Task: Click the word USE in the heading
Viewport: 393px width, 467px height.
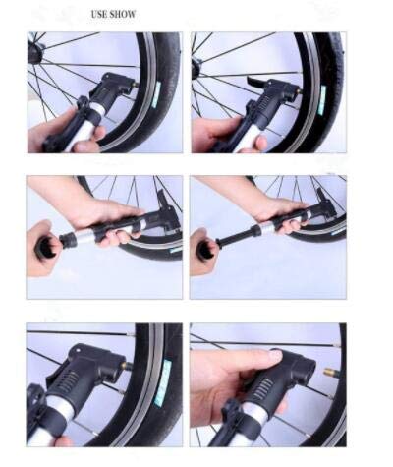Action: point(99,15)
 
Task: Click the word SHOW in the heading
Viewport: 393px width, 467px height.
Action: point(123,15)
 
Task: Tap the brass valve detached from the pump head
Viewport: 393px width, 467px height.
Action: point(329,372)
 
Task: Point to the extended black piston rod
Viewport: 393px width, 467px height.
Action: point(234,239)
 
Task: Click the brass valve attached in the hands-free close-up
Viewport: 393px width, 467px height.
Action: point(129,366)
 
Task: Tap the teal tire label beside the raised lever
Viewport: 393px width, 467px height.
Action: point(323,100)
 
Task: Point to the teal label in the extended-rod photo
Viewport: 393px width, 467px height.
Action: point(338,232)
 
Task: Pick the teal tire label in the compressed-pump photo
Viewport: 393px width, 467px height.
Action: point(176,251)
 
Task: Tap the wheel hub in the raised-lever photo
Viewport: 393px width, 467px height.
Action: point(196,64)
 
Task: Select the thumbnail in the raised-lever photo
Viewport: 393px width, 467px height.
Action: point(262,143)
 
